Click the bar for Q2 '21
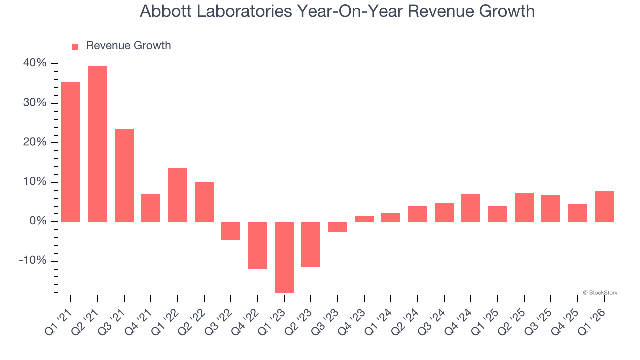pyautogui.click(x=98, y=144)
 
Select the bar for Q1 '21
pyautogui.click(x=71, y=152)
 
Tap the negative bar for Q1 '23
pyautogui.click(x=284, y=257)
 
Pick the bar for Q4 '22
pyautogui.click(x=258, y=245)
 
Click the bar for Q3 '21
pyautogui.click(x=124, y=175)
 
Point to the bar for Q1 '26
pyautogui.click(x=604, y=206)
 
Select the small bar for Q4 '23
pyautogui.click(x=364, y=218)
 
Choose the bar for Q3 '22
pyautogui.click(x=231, y=231)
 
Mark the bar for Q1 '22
pyautogui.click(x=178, y=194)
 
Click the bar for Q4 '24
pyautogui.click(x=471, y=207)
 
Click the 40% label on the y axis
pyautogui.click(x=35, y=63)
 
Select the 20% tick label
pyautogui.click(x=35, y=142)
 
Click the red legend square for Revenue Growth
pyautogui.click(x=75, y=46)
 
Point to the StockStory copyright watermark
pyautogui.click(x=600, y=293)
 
